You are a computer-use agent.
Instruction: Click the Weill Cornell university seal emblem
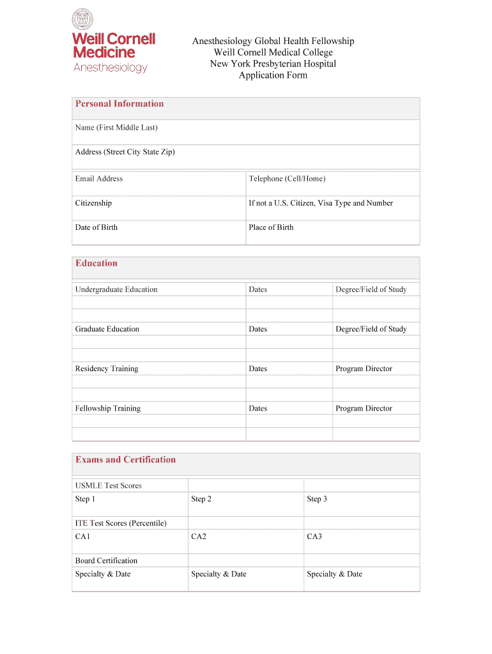83,19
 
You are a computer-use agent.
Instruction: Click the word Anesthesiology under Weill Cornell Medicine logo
111,68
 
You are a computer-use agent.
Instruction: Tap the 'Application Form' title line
273,75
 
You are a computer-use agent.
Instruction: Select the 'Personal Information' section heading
119,104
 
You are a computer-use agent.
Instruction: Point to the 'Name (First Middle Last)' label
116,128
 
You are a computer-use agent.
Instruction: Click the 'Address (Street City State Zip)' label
125,152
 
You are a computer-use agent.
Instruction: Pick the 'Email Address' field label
99,179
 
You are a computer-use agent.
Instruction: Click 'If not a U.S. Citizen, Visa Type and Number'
321,203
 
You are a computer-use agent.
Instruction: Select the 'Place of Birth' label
271,227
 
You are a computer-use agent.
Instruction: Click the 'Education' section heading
96,263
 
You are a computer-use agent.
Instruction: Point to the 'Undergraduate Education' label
116,289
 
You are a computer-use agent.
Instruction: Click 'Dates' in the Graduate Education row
258,329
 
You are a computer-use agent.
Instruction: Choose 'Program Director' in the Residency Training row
364,369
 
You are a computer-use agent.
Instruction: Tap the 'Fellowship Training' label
108,408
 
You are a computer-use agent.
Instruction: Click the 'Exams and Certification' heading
125,460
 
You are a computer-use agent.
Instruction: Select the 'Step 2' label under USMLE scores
201,499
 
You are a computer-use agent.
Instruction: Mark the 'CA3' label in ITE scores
314,536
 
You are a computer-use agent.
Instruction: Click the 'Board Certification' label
106,561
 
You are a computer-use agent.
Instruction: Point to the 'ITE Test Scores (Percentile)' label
121,523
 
